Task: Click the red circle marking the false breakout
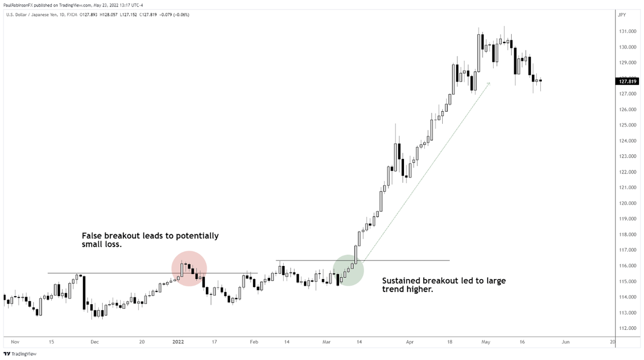pos(189,268)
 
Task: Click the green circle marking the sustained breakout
pos(348,271)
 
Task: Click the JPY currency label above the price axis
pos(622,15)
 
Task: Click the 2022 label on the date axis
pos(178,341)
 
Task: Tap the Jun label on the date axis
pos(566,341)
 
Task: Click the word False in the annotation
pos(92,236)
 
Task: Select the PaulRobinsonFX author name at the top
pos(18,6)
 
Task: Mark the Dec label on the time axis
pos(95,341)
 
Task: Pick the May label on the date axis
pos(486,341)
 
